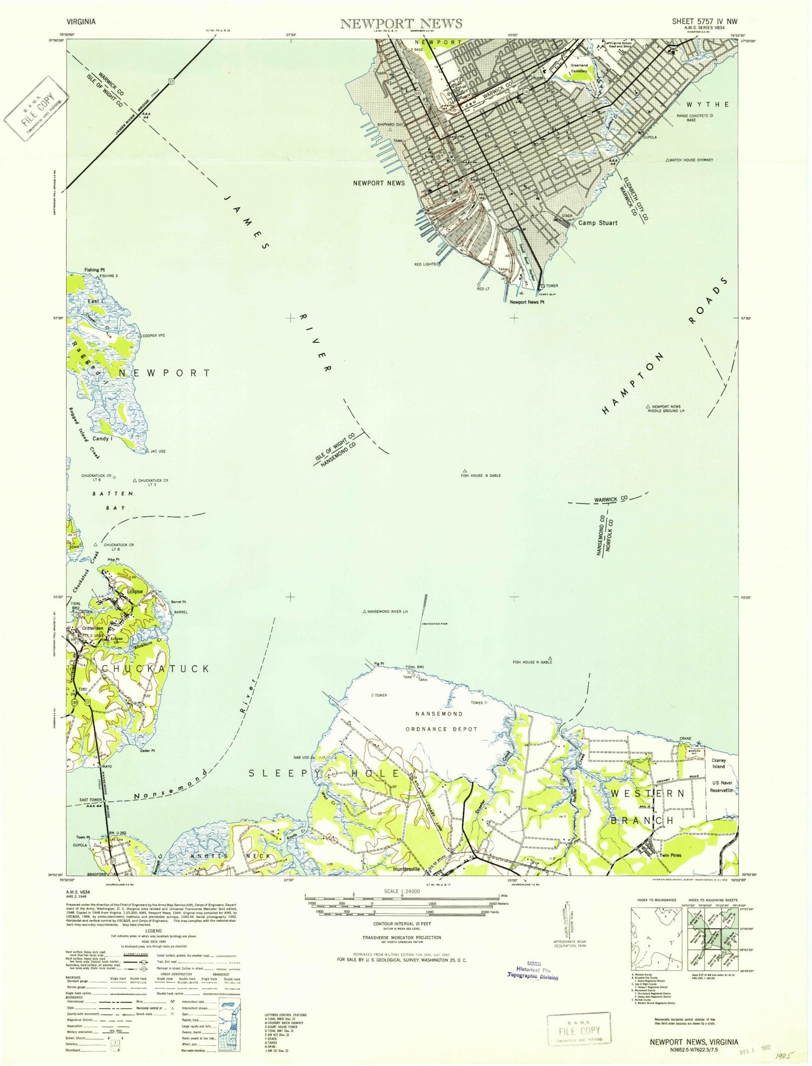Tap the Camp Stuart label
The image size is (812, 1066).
pyautogui.click(x=598, y=223)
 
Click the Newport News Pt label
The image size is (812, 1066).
pyautogui.click(x=526, y=302)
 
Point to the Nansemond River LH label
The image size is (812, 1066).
pyautogui.click(x=388, y=611)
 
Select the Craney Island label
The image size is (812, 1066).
pyautogui.click(x=718, y=763)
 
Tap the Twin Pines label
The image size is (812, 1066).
pyautogui.click(x=670, y=856)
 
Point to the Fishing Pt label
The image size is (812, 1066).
pyautogui.click(x=94, y=269)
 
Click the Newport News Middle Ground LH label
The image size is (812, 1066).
pyautogui.click(x=668, y=409)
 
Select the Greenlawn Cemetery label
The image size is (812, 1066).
pyautogui.click(x=579, y=68)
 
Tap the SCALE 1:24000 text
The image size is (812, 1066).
pyautogui.click(x=401, y=891)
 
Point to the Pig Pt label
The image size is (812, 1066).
pyautogui.click(x=379, y=664)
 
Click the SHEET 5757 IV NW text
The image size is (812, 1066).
pyautogui.click(x=704, y=22)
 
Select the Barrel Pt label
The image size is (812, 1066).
pyautogui.click(x=178, y=602)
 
